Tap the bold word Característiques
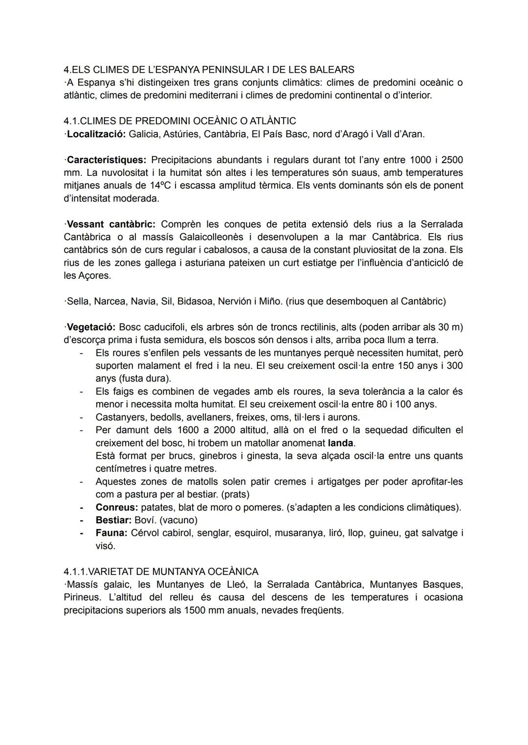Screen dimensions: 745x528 [106, 160]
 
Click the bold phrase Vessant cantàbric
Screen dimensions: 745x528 [110, 224]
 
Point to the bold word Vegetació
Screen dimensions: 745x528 [91, 327]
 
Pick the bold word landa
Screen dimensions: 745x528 [341, 443]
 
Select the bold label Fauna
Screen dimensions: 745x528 [111, 533]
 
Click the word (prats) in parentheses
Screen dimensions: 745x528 [236, 494]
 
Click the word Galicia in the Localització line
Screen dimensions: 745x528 [144, 134]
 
